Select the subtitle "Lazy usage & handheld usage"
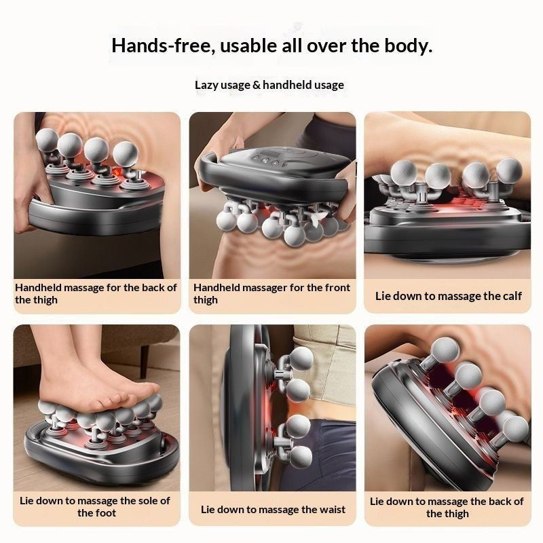click(269, 85)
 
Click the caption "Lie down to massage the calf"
click(448, 296)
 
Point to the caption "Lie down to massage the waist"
click(273, 509)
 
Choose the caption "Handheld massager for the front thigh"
click(271, 294)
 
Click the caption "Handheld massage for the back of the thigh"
click(96, 294)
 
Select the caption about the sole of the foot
click(95, 507)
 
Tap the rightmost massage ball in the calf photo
click(509, 170)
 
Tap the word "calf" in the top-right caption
click(510, 296)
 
